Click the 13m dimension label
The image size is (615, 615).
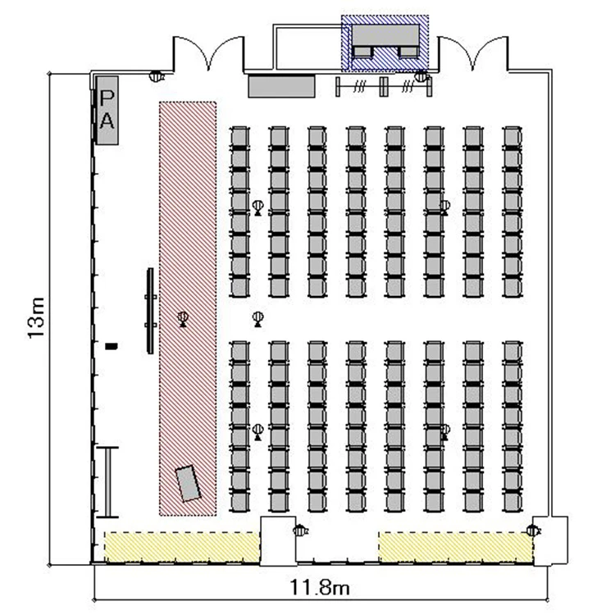[x=36, y=318]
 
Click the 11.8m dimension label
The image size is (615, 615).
[x=319, y=587]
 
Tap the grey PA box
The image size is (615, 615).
[x=107, y=110]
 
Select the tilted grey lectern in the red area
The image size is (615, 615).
[x=189, y=483]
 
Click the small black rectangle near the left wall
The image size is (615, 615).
[x=112, y=346]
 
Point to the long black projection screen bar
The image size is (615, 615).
[x=151, y=311]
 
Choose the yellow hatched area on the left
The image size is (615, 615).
[x=181, y=547]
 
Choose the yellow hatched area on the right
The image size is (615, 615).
[x=456, y=547]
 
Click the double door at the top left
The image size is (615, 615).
[x=208, y=53]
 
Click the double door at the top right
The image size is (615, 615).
[x=472, y=53]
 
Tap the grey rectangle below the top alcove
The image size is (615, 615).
[x=281, y=86]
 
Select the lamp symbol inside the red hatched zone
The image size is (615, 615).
[x=183, y=319]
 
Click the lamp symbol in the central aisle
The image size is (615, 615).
[x=257, y=319]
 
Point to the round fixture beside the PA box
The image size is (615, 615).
[x=157, y=75]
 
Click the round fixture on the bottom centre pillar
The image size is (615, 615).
[x=300, y=531]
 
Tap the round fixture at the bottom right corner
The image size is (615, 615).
[x=533, y=531]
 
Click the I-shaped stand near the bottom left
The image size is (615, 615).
[x=107, y=482]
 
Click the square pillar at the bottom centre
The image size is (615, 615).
[x=279, y=541]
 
